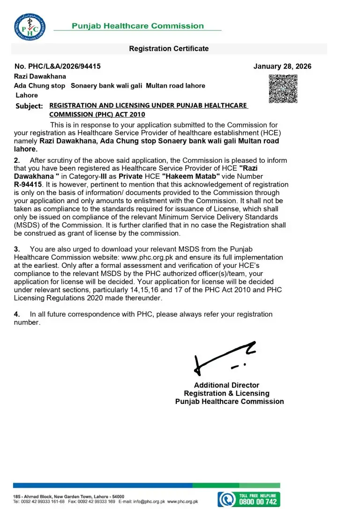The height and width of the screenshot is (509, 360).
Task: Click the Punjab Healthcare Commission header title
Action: [138, 26]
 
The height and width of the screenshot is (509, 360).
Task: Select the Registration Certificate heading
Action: [169, 49]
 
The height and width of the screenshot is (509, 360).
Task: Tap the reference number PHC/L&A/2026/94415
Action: [58, 67]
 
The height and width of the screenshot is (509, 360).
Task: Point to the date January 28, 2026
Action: [282, 67]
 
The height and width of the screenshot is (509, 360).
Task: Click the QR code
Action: [283, 89]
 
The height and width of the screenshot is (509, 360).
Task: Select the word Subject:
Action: [29, 106]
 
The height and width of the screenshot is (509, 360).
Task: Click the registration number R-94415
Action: [29, 185]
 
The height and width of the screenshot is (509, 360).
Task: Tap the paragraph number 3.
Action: [17, 249]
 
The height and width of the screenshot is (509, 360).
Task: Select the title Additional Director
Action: [226, 385]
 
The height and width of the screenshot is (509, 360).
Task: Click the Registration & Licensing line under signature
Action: [226, 393]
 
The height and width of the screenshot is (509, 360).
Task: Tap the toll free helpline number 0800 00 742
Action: [258, 501]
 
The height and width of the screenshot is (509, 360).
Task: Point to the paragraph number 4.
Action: [17, 314]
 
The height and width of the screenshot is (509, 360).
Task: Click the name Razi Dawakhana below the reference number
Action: [40, 76]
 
